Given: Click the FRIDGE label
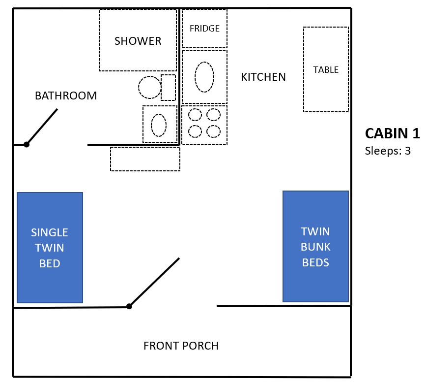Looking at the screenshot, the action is pyautogui.click(x=204, y=28).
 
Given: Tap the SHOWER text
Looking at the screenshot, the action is pyautogui.click(x=138, y=41).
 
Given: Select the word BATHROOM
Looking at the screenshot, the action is pyautogui.click(x=66, y=96).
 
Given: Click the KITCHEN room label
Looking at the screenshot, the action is pyautogui.click(x=263, y=77).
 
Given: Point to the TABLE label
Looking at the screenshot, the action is pyautogui.click(x=326, y=70).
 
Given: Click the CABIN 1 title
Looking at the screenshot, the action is pyautogui.click(x=392, y=133).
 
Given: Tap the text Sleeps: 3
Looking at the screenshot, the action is pyautogui.click(x=388, y=151).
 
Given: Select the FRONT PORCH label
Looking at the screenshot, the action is pyautogui.click(x=181, y=346).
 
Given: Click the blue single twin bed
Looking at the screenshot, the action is pyautogui.click(x=50, y=248).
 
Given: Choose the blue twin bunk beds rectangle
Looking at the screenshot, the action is pyautogui.click(x=316, y=246).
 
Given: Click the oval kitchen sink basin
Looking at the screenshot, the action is pyautogui.click(x=204, y=77).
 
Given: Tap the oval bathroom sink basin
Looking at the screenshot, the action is pyautogui.click(x=159, y=125).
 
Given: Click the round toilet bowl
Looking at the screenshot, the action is pyautogui.click(x=150, y=87).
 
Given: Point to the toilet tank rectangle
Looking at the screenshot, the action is pyautogui.click(x=168, y=88).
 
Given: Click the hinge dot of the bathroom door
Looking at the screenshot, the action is pyautogui.click(x=27, y=145).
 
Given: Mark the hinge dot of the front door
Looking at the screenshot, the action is pyautogui.click(x=129, y=306).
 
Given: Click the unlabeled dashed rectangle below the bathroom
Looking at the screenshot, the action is pyautogui.click(x=145, y=159).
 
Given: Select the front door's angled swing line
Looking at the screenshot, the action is pyautogui.click(x=154, y=282).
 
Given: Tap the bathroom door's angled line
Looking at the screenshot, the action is pyautogui.click(x=42, y=127).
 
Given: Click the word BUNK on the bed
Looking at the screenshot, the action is pyautogui.click(x=316, y=247).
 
